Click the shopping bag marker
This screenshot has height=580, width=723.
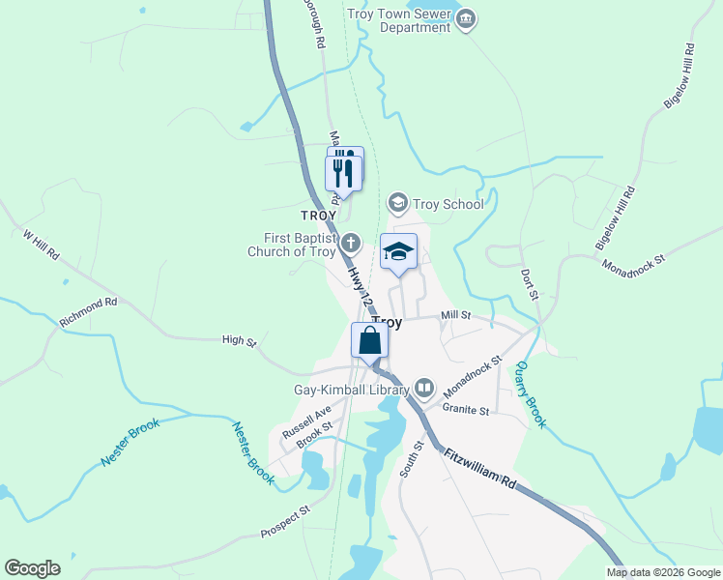(369, 341)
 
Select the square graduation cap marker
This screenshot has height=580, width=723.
(398, 252)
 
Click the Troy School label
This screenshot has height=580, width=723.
(448, 204)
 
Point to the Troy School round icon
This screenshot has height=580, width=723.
(396, 203)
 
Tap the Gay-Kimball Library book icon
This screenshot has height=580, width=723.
(423, 390)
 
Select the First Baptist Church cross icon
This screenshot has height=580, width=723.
(351, 243)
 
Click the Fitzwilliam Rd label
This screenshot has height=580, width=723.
(480, 469)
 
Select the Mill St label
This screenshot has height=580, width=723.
(455, 315)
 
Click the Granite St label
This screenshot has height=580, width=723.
(467, 410)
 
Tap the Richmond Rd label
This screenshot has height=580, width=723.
(88, 310)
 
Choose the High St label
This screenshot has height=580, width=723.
(239, 341)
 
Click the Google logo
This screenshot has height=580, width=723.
(33, 568)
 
